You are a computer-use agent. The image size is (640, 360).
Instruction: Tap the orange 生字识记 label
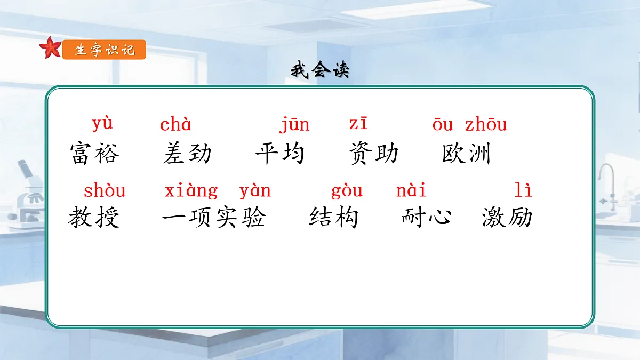104,50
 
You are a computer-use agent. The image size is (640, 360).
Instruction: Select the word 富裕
95,154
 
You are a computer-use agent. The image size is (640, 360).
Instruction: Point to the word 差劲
187,154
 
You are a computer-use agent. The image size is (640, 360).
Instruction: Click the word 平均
280,154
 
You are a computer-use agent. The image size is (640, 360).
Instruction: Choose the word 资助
374,154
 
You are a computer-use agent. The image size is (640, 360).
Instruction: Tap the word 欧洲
467,154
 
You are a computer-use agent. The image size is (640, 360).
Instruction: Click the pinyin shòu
105,190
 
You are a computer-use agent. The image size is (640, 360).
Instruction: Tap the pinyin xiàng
191,190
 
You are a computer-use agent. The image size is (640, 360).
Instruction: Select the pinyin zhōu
486,125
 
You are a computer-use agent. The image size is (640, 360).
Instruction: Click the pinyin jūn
294,125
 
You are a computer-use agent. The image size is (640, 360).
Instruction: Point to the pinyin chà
175,125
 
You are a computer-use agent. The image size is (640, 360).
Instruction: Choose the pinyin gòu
347,190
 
